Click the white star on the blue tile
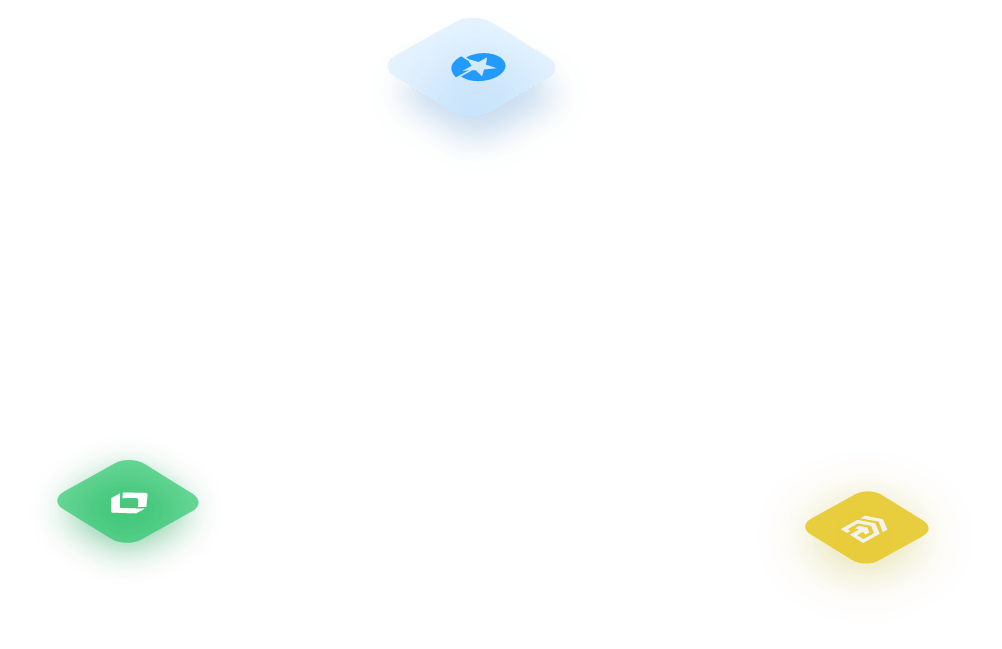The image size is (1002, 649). [479, 67]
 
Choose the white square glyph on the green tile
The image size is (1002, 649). [128, 502]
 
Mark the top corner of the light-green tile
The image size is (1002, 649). [128, 461]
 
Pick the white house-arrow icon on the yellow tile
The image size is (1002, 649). [865, 527]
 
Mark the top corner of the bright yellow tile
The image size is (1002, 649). [866, 492]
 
